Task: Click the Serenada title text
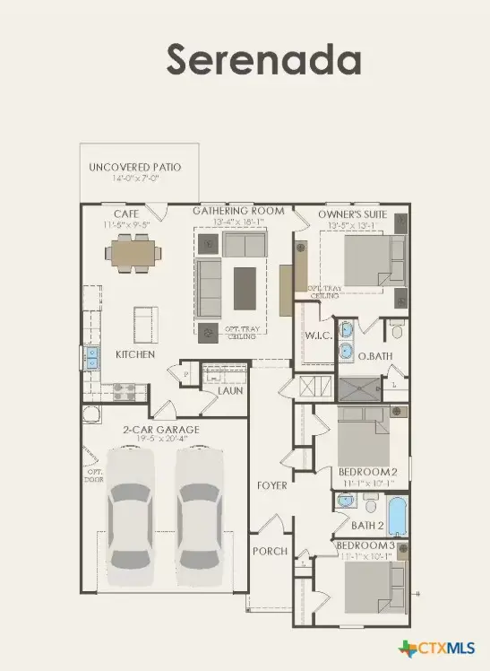tap(263, 59)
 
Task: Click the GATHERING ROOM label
tap(239, 211)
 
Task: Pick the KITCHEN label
tap(135, 354)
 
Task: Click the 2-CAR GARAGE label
tap(161, 430)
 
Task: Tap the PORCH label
tap(270, 551)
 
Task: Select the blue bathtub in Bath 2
tap(395, 518)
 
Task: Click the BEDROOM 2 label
tap(367, 472)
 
